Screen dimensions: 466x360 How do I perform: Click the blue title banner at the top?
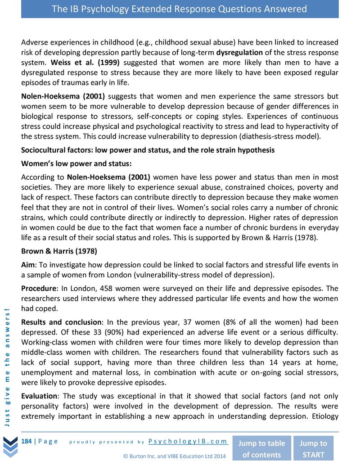point(180,9)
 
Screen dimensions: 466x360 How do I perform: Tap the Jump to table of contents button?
point(261,448)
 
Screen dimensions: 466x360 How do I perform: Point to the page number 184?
point(27,441)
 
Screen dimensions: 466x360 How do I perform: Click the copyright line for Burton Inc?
point(174,456)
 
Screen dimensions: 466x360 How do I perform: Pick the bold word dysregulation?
point(242,52)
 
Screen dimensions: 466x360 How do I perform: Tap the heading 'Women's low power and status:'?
point(76,163)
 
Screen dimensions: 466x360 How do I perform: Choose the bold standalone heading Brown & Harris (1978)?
point(59,251)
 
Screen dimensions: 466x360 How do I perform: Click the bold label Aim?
point(28,264)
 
